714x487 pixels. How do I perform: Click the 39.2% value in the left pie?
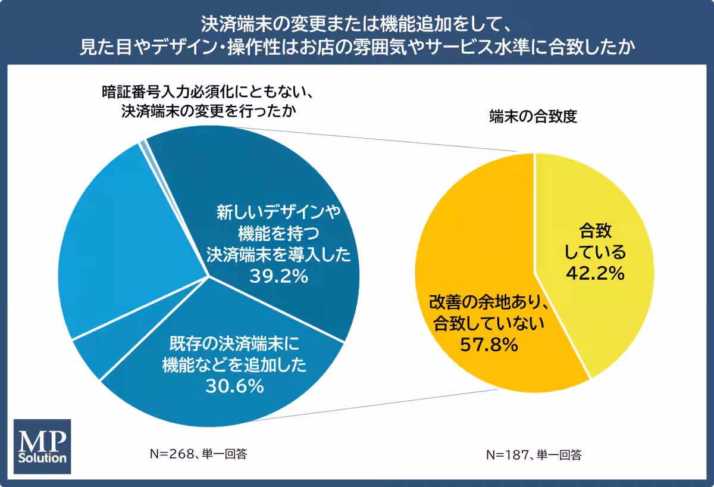point(278,276)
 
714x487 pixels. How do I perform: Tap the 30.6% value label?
point(234,386)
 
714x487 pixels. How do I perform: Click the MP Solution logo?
point(42,446)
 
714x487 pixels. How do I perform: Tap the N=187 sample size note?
point(533,456)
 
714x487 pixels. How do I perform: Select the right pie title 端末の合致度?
point(533,117)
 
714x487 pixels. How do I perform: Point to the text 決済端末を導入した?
point(278,254)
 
